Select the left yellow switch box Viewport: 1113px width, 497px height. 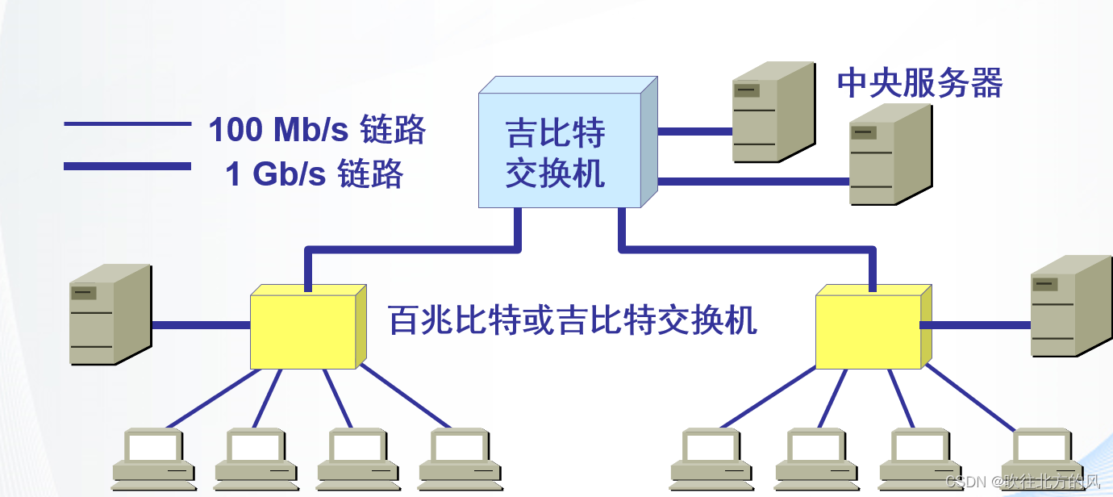(303, 331)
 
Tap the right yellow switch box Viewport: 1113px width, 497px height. (868, 331)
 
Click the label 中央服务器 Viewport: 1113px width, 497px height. (919, 83)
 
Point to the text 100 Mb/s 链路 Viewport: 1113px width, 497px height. (316, 130)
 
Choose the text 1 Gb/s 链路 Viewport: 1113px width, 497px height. (314, 174)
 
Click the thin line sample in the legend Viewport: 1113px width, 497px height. (127, 124)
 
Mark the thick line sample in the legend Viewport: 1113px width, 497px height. (127, 167)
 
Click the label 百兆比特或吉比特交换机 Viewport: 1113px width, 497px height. (573, 320)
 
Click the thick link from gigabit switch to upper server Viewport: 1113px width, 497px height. (694, 130)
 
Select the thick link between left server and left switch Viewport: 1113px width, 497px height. (200, 325)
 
